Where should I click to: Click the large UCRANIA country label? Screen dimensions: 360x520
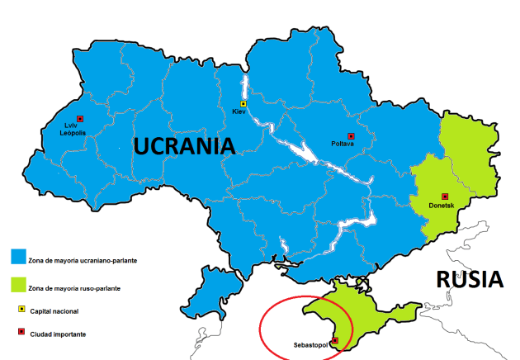click(x=185, y=146)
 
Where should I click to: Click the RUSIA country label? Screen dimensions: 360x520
click(x=470, y=279)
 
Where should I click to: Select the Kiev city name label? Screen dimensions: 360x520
click(x=239, y=111)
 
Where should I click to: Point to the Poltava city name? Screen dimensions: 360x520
click(x=342, y=144)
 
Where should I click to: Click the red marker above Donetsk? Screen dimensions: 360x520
click(x=445, y=197)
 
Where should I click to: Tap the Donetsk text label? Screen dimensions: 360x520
click(x=442, y=206)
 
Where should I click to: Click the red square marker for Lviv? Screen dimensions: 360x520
click(x=80, y=118)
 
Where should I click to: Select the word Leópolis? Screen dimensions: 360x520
click(x=74, y=132)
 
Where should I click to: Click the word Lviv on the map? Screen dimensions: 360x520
click(x=71, y=126)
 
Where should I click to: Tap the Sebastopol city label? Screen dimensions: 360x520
click(x=310, y=343)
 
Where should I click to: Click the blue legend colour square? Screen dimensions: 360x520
click(x=18, y=257)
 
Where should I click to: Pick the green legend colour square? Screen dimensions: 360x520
click(x=18, y=285)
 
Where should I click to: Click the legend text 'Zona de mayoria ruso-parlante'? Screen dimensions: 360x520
click(x=78, y=289)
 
